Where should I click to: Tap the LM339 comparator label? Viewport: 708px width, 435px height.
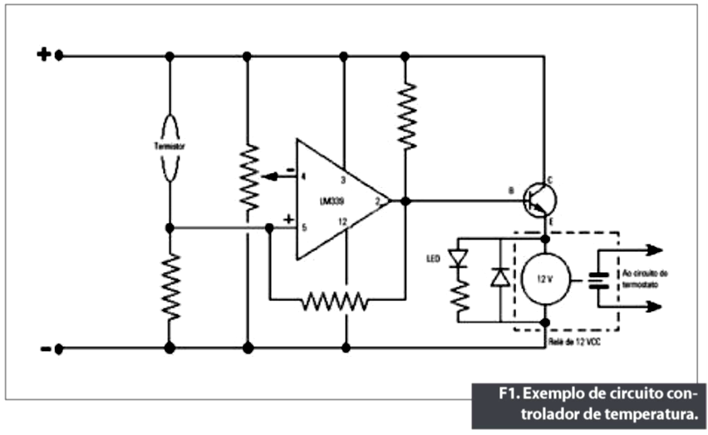[336, 200]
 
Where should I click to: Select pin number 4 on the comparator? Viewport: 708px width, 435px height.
[303, 176]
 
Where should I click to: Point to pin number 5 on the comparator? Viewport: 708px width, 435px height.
[303, 226]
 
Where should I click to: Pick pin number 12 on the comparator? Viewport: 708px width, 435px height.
[342, 221]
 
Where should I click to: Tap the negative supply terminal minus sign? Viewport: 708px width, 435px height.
[43, 348]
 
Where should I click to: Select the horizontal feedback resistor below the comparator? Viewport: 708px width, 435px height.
[335, 299]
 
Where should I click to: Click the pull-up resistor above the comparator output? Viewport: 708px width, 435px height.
[406, 116]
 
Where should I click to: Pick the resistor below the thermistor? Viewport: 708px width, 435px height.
[170, 287]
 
